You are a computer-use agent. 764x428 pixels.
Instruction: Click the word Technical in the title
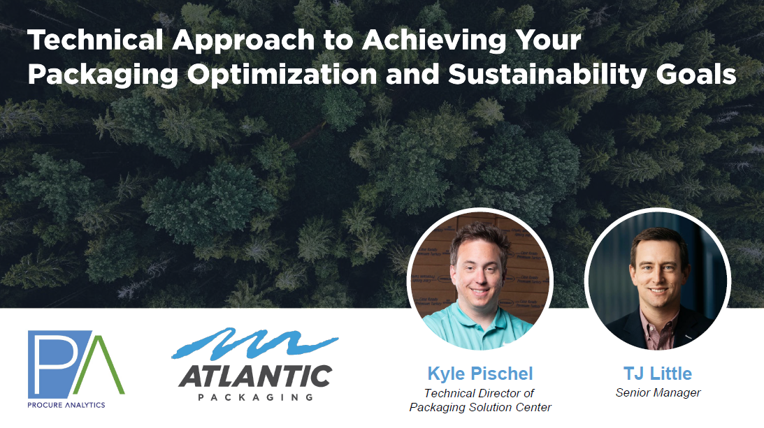[96, 40]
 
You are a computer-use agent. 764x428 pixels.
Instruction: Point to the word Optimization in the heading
[282, 75]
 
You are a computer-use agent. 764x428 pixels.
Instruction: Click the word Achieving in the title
[433, 40]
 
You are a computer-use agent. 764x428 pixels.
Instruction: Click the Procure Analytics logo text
[66, 405]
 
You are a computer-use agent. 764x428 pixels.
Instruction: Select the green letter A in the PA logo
[99, 364]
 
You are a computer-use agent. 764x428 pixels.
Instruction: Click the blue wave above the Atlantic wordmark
[254, 344]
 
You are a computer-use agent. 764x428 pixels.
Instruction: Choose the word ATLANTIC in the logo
[255, 376]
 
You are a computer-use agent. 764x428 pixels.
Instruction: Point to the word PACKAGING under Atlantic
[255, 397]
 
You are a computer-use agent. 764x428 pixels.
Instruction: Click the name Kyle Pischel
[480, 374]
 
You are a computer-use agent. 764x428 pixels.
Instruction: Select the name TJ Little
[658, 374]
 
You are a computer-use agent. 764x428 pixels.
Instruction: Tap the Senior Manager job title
[658, 392]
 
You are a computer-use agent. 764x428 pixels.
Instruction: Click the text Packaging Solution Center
[480, 407]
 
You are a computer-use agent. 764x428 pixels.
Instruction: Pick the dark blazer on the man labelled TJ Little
[628, 330]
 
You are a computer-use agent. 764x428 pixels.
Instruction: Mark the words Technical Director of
[479, 393]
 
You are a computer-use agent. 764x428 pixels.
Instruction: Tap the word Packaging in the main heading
[103, 75]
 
